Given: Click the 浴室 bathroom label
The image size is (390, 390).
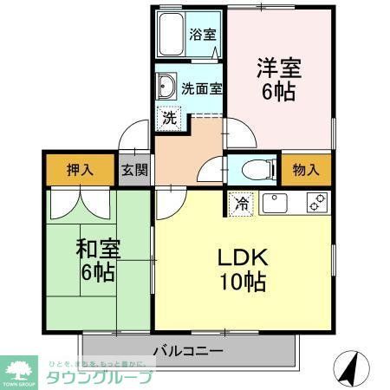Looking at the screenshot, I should point(204,36).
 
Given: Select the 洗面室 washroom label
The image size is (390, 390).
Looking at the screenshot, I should point(202,88).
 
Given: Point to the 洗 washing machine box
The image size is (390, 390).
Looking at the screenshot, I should point(170,117).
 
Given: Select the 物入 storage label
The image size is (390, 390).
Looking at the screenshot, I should point(306,169).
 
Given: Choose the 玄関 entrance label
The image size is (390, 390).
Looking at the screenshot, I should point(133,170).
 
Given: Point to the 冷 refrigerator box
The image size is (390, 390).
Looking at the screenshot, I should point(240,206).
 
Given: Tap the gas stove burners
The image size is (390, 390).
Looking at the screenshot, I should point(315,204).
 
